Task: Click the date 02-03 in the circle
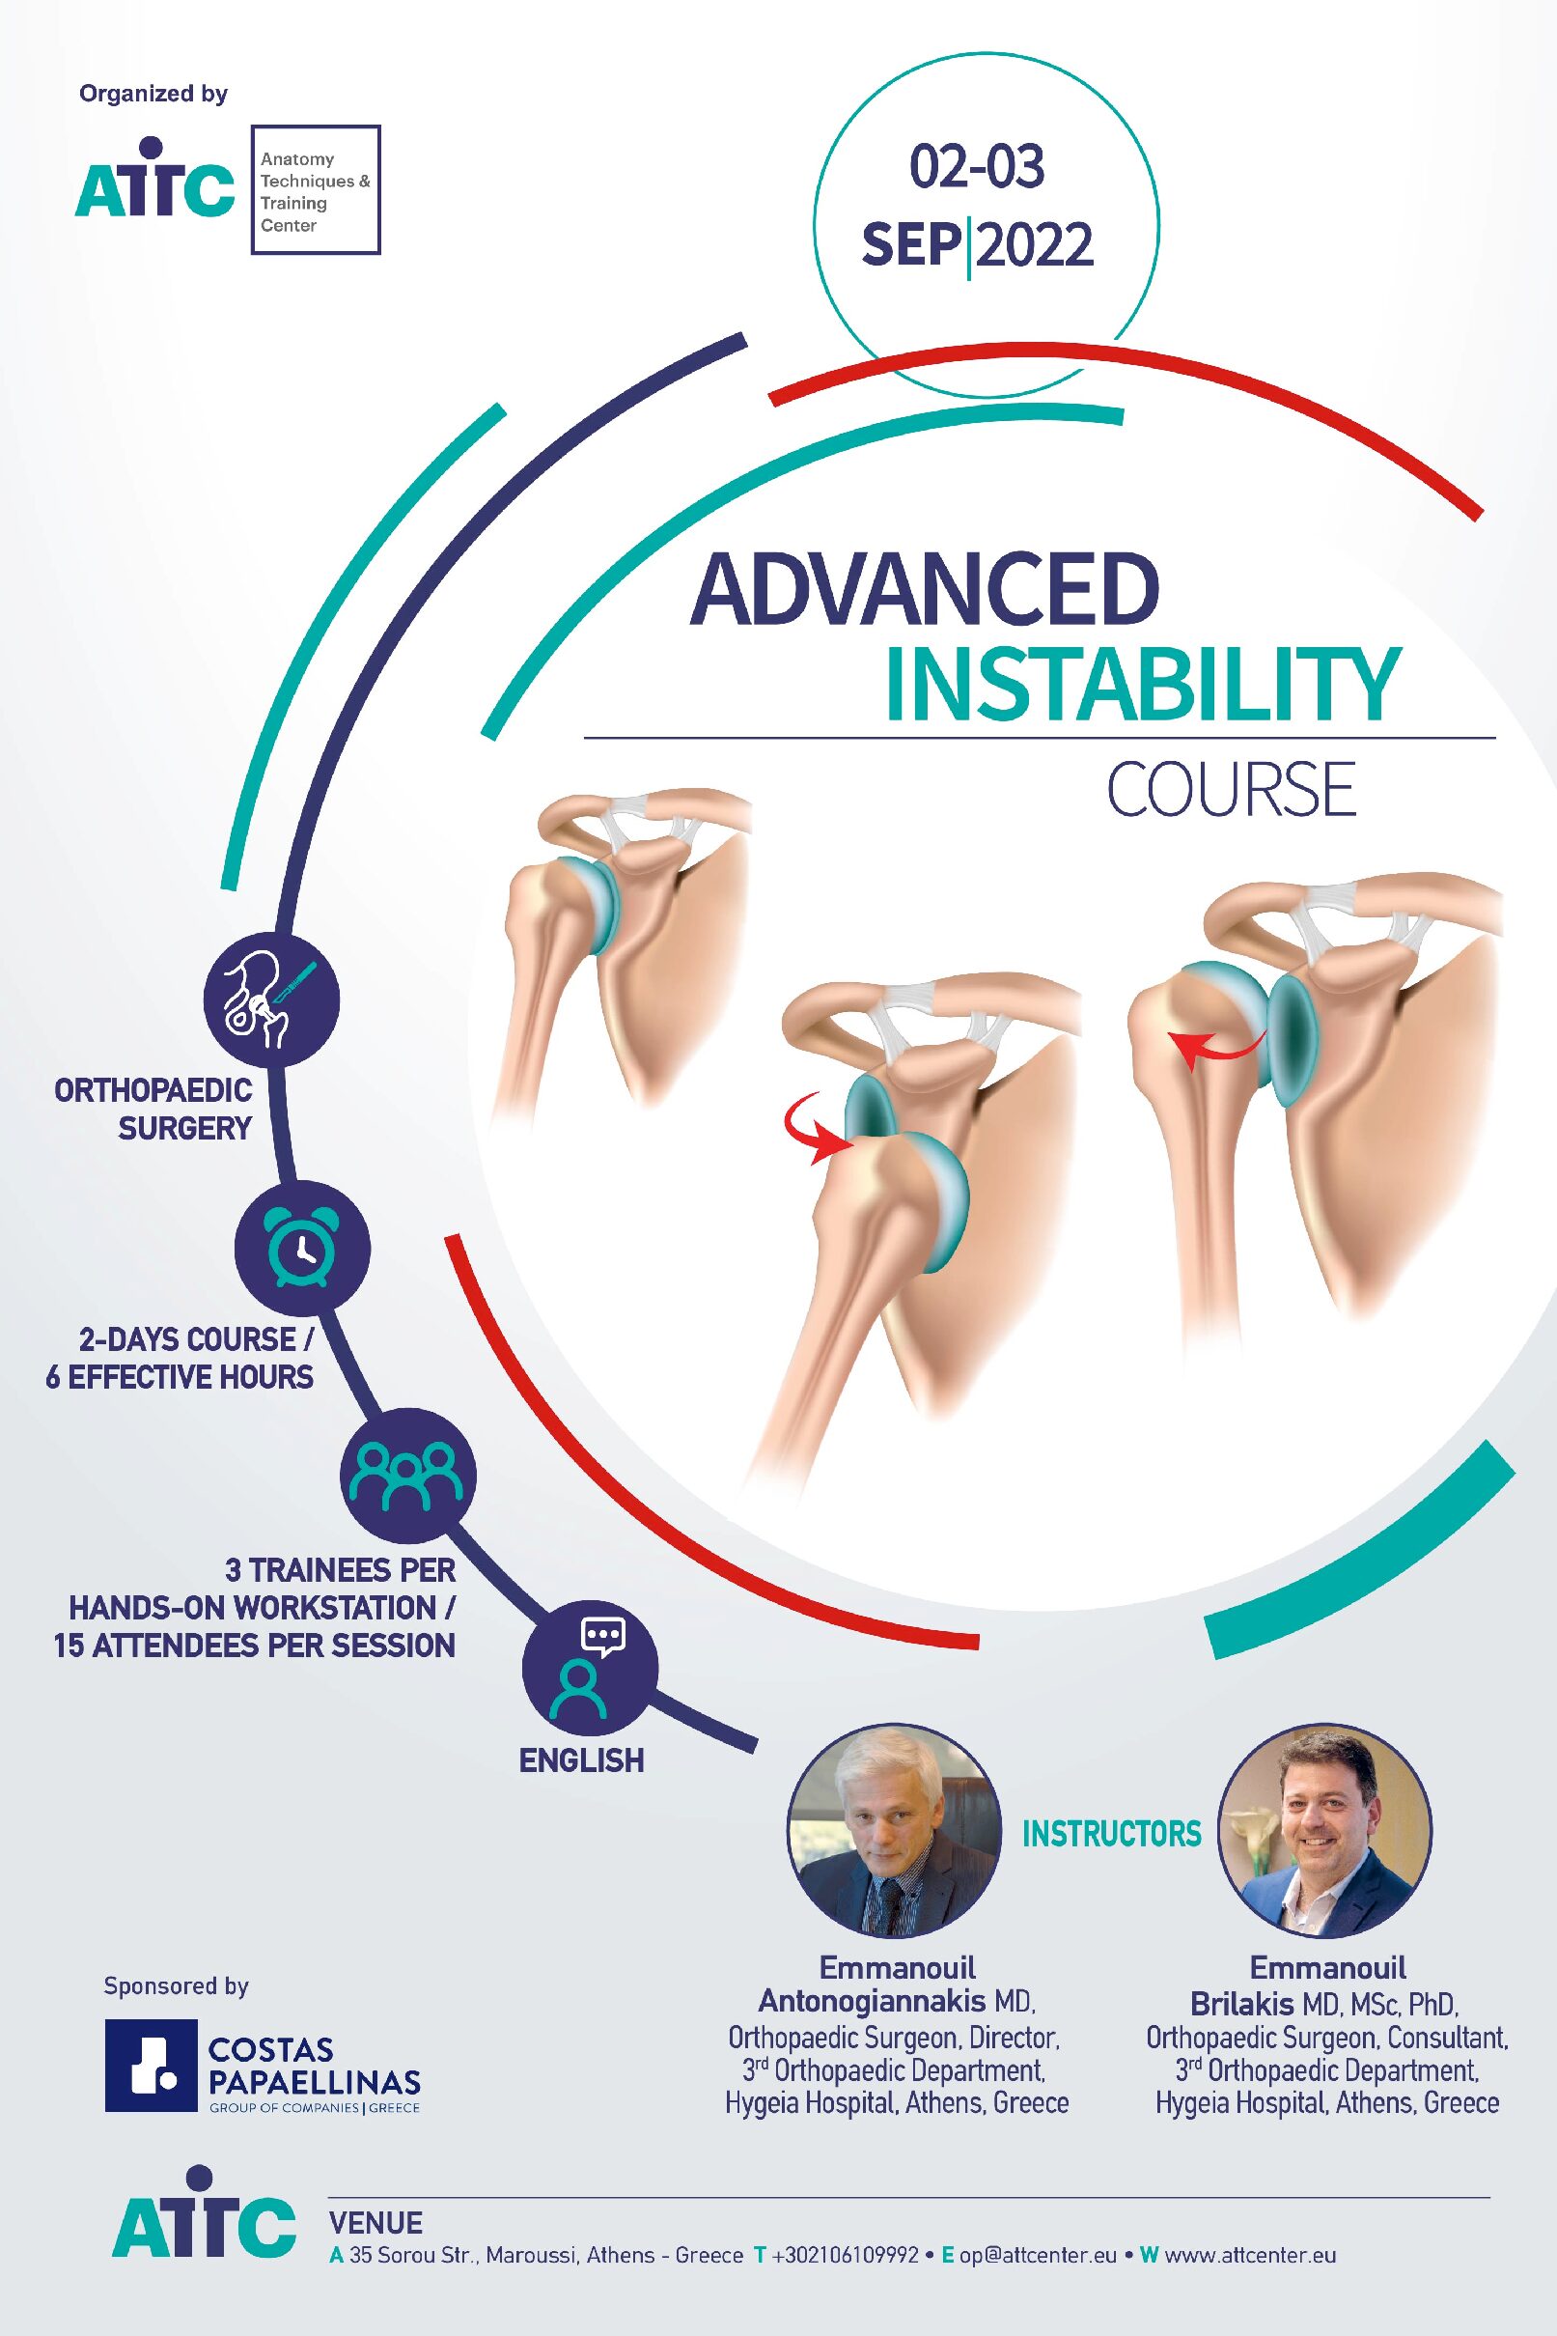coord(977,167)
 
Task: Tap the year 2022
coord(1035,244)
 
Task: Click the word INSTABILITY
coord(1143,685)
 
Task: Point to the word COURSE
coord(1232,790)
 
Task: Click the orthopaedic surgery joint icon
coord(271,1000)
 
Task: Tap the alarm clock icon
coord(302,1248)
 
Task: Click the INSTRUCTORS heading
coord(1111,1834)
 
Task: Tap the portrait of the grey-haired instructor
coord(895,1831)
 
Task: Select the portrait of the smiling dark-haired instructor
coord(1325,1831)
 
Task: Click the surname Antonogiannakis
coord(872,2000)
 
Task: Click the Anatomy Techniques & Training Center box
coord(316,189)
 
